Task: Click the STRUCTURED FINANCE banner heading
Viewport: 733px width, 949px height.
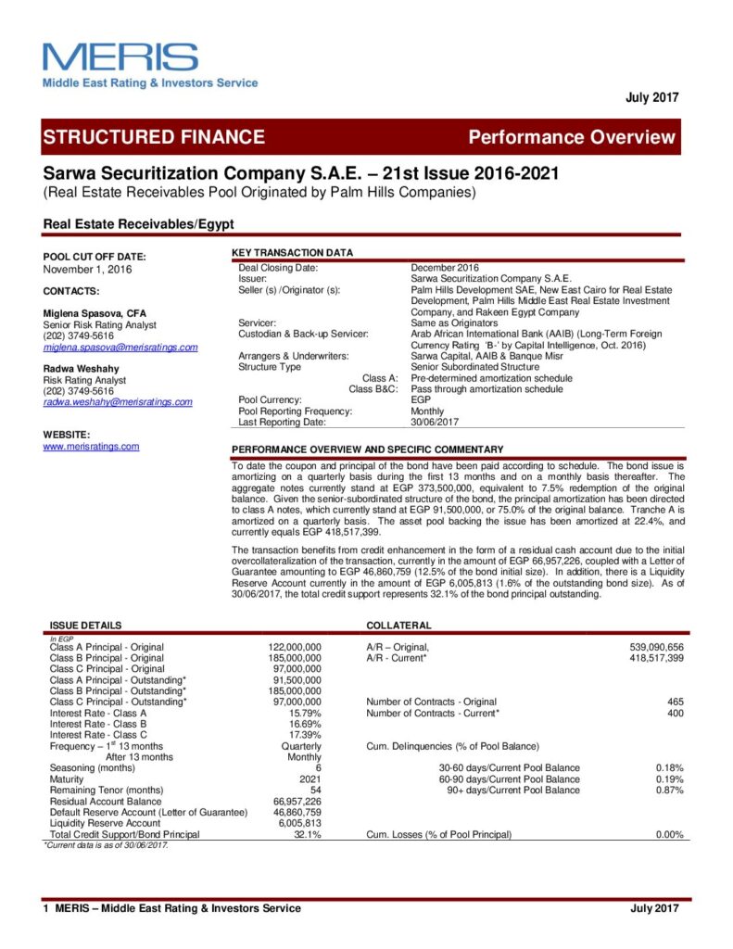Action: click(154, 137)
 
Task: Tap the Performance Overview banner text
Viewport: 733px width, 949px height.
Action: click(572, 137)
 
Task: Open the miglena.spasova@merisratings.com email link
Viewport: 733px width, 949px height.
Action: click(120, 348)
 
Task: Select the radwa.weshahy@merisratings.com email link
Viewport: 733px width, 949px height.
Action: click(118, 402)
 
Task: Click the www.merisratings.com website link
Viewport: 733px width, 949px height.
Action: click(91, 447)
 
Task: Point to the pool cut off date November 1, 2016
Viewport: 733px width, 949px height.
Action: click(88, 270)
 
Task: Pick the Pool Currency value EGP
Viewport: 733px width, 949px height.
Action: click(421, 400)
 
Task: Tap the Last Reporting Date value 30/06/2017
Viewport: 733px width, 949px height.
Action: click(436, 422)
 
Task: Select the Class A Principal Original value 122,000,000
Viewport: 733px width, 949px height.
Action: click(295, 647)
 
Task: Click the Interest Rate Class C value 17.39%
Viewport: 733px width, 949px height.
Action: click(305, 734)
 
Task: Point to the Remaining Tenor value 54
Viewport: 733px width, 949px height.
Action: click(315, 790)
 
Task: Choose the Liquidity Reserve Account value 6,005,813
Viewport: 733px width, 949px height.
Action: click(298, 823)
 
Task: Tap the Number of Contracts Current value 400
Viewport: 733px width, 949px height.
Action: click(675, 713)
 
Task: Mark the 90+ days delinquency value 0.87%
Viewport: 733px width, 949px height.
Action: click(669, 790)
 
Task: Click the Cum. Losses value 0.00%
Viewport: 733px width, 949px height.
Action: click(669, 834)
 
